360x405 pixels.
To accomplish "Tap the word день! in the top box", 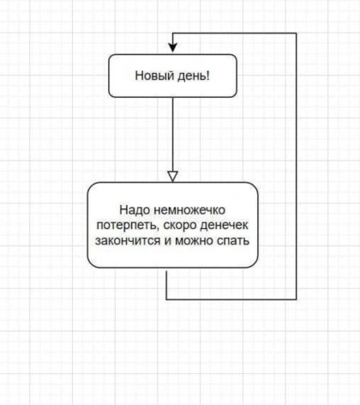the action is click(194, 76).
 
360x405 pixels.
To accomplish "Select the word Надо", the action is click(135, 210).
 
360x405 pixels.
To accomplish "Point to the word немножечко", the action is click(189, 210).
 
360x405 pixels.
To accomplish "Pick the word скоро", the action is click(180, 226).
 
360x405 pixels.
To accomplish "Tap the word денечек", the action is click(225, 226).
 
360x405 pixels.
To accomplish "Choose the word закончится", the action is click(128, 241).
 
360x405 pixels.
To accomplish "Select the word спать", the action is click(233, 241).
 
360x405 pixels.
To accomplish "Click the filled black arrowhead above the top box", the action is click(172, 48).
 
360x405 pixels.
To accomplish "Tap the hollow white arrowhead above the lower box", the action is click(172, 177).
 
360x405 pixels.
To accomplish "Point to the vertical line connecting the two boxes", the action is click(172, 135).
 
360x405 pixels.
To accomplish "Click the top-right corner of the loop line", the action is click(296, 33).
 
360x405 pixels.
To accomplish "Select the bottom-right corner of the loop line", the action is click(296, 299).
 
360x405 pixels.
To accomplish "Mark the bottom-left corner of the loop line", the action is click(166, 299).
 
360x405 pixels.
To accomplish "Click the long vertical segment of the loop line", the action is click(296, 166).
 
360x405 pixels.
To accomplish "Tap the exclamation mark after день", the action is click(208, 76).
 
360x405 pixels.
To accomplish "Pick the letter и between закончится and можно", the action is click(167, 241).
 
